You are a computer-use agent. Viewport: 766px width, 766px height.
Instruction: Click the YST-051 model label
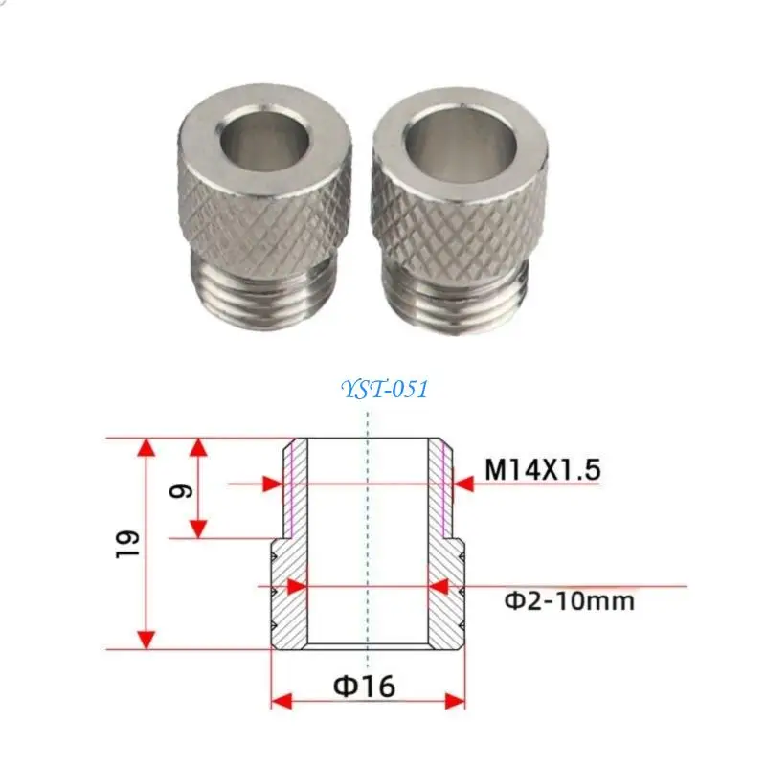click(x=385, y=390)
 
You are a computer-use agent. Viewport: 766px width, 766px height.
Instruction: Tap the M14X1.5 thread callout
click(x=542, y=469)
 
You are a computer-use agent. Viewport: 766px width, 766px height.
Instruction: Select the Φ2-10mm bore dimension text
click(x=569, y=601)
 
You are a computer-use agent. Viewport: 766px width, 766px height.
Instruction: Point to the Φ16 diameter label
click(x=364, y=686)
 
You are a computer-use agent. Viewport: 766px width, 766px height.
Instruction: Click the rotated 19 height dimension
click(x=128, y=544)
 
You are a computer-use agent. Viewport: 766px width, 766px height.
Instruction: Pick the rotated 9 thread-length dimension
click(x=180, y=490)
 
